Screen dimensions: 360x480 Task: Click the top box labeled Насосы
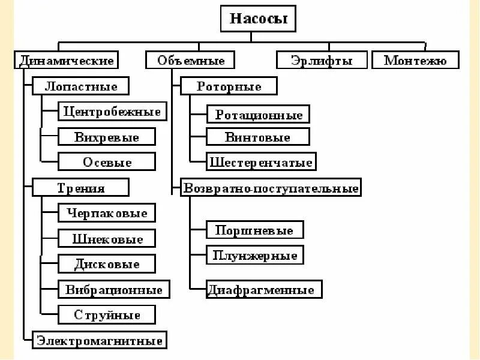[x=259, y=19]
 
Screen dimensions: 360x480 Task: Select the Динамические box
[x=67, y=61]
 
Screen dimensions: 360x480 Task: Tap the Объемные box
[x=191, y=61]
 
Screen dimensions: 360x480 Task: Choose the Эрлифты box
[x=321, y=61]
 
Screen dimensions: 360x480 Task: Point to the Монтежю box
[x=415, y=61]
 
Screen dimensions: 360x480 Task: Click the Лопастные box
[x=80, y=86]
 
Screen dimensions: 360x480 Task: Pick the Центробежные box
[x=112, y=112]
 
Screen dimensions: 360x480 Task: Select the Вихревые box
[x=107, y=137]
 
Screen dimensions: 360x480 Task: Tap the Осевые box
[x=107, y=162]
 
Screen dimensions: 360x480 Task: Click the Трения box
[x=80, y=188]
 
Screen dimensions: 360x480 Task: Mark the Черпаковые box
[x=107, y=213]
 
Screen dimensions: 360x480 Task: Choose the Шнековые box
[x=107, y=239]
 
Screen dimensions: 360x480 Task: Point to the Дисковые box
[x=107, y=264]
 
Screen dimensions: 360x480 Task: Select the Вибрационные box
[x=113, y=290]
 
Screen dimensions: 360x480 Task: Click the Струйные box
[x=107, y=315]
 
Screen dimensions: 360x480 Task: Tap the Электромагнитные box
[x=100, y=341]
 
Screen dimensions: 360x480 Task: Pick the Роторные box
[x=229, y=86]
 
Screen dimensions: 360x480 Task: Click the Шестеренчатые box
[x=260, y=162]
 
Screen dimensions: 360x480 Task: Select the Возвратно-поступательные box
[x=271, y=188]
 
